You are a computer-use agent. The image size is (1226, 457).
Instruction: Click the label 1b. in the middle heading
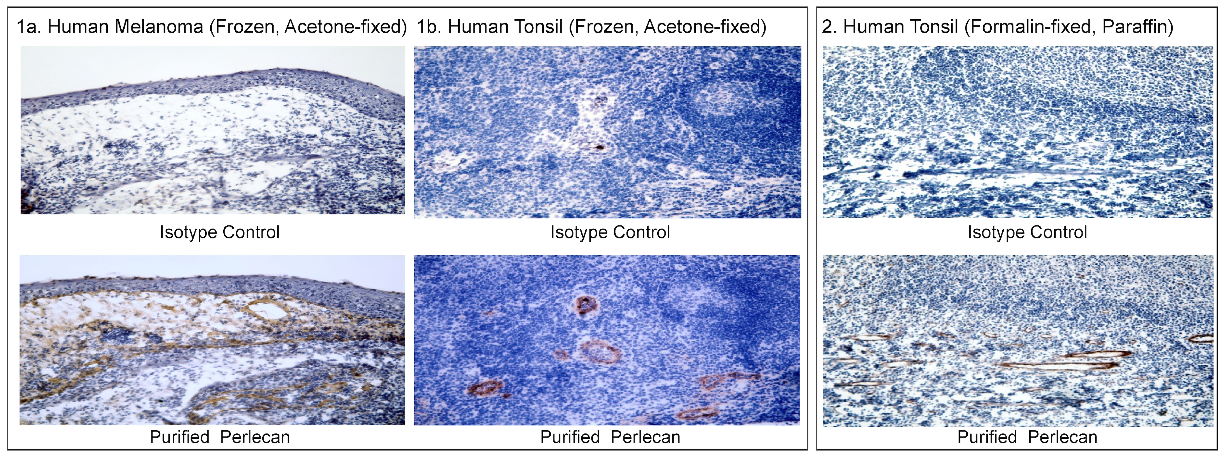click(429, 27)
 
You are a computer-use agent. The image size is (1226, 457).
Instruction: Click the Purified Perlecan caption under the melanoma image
click(219, 437)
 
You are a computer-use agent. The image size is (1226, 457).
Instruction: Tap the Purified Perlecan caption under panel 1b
click(610, 437)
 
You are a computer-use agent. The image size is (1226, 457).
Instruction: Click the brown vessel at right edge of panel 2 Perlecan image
click(1201, 339)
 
